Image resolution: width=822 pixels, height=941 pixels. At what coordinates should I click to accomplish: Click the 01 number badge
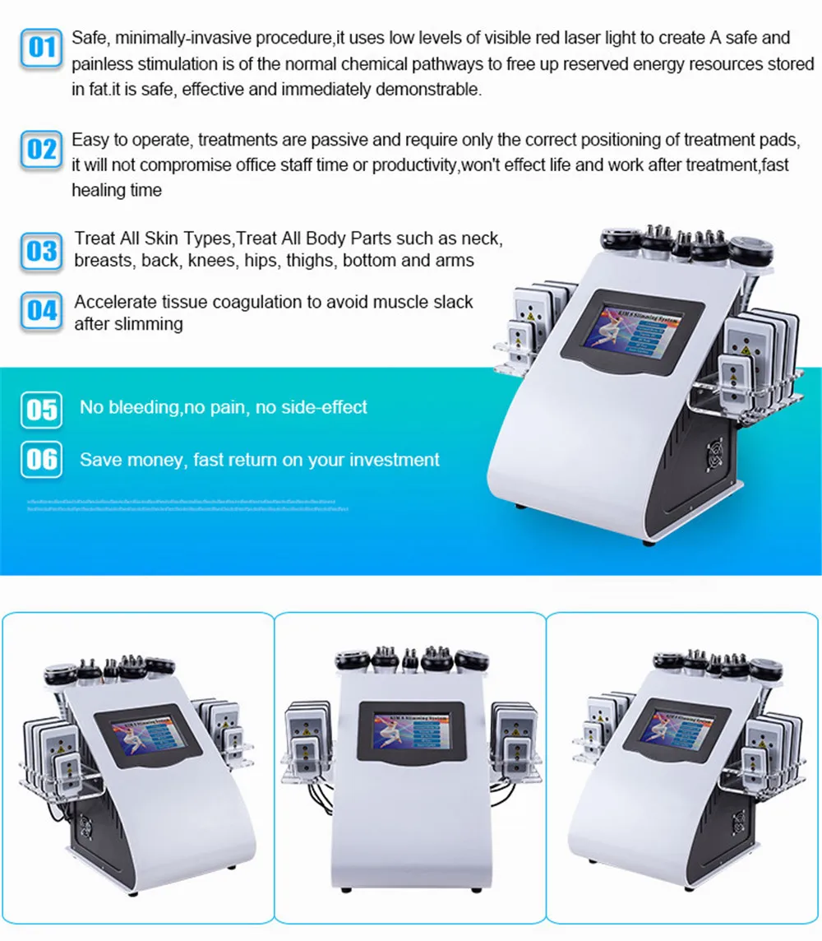(41, 47)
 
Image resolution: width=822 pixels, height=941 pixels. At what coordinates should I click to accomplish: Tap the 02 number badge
(41, 150)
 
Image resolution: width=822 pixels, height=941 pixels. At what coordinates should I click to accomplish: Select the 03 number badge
(41, 249)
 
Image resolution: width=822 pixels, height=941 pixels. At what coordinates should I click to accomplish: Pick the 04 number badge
(41, 311)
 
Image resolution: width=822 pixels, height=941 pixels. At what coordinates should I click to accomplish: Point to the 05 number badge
(41, 409)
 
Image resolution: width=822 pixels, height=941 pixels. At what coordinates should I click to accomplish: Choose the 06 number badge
(41, 460)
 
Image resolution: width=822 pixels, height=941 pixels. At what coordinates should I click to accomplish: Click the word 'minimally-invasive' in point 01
(178, 37)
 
